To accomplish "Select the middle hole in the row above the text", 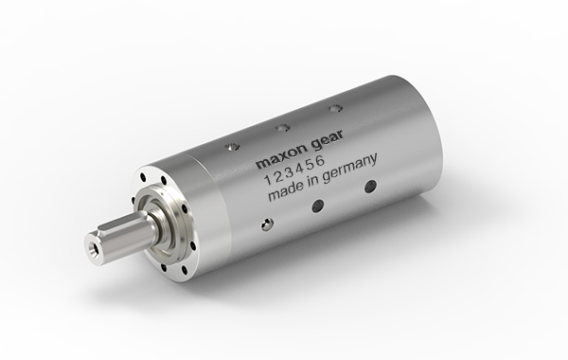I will [x=280, y=128].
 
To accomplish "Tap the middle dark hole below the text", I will [x=318, y=205].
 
